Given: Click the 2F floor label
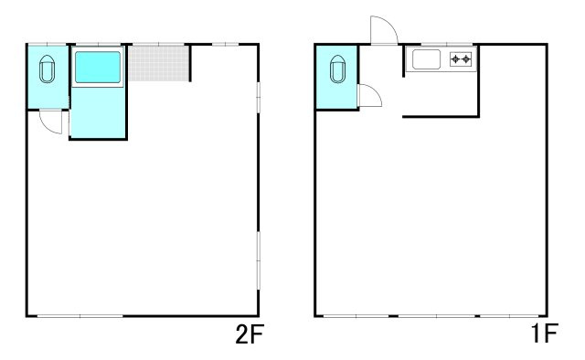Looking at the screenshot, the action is (250, 334).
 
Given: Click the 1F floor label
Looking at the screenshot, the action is (545, 334).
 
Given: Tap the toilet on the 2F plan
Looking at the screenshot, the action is (47, 69).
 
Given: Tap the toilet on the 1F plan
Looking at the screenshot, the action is (337, 69).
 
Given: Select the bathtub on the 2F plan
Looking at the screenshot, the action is (98, 67).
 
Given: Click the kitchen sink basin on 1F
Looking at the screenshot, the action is (427, 59).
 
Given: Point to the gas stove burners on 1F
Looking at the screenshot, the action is (461, 59).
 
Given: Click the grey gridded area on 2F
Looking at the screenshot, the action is (159, 63).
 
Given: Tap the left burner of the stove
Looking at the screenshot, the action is (455, 59).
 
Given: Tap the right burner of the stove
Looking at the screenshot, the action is (465, 59).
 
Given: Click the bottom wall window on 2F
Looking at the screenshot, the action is (80, 316).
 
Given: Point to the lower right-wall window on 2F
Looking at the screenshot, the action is (259, 260).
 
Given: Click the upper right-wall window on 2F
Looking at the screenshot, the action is (259, 97).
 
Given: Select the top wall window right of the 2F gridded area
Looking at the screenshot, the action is (226, 45).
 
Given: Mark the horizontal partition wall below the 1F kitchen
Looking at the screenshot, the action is (441, 117).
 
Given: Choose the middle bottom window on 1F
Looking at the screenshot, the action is (437, 316).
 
